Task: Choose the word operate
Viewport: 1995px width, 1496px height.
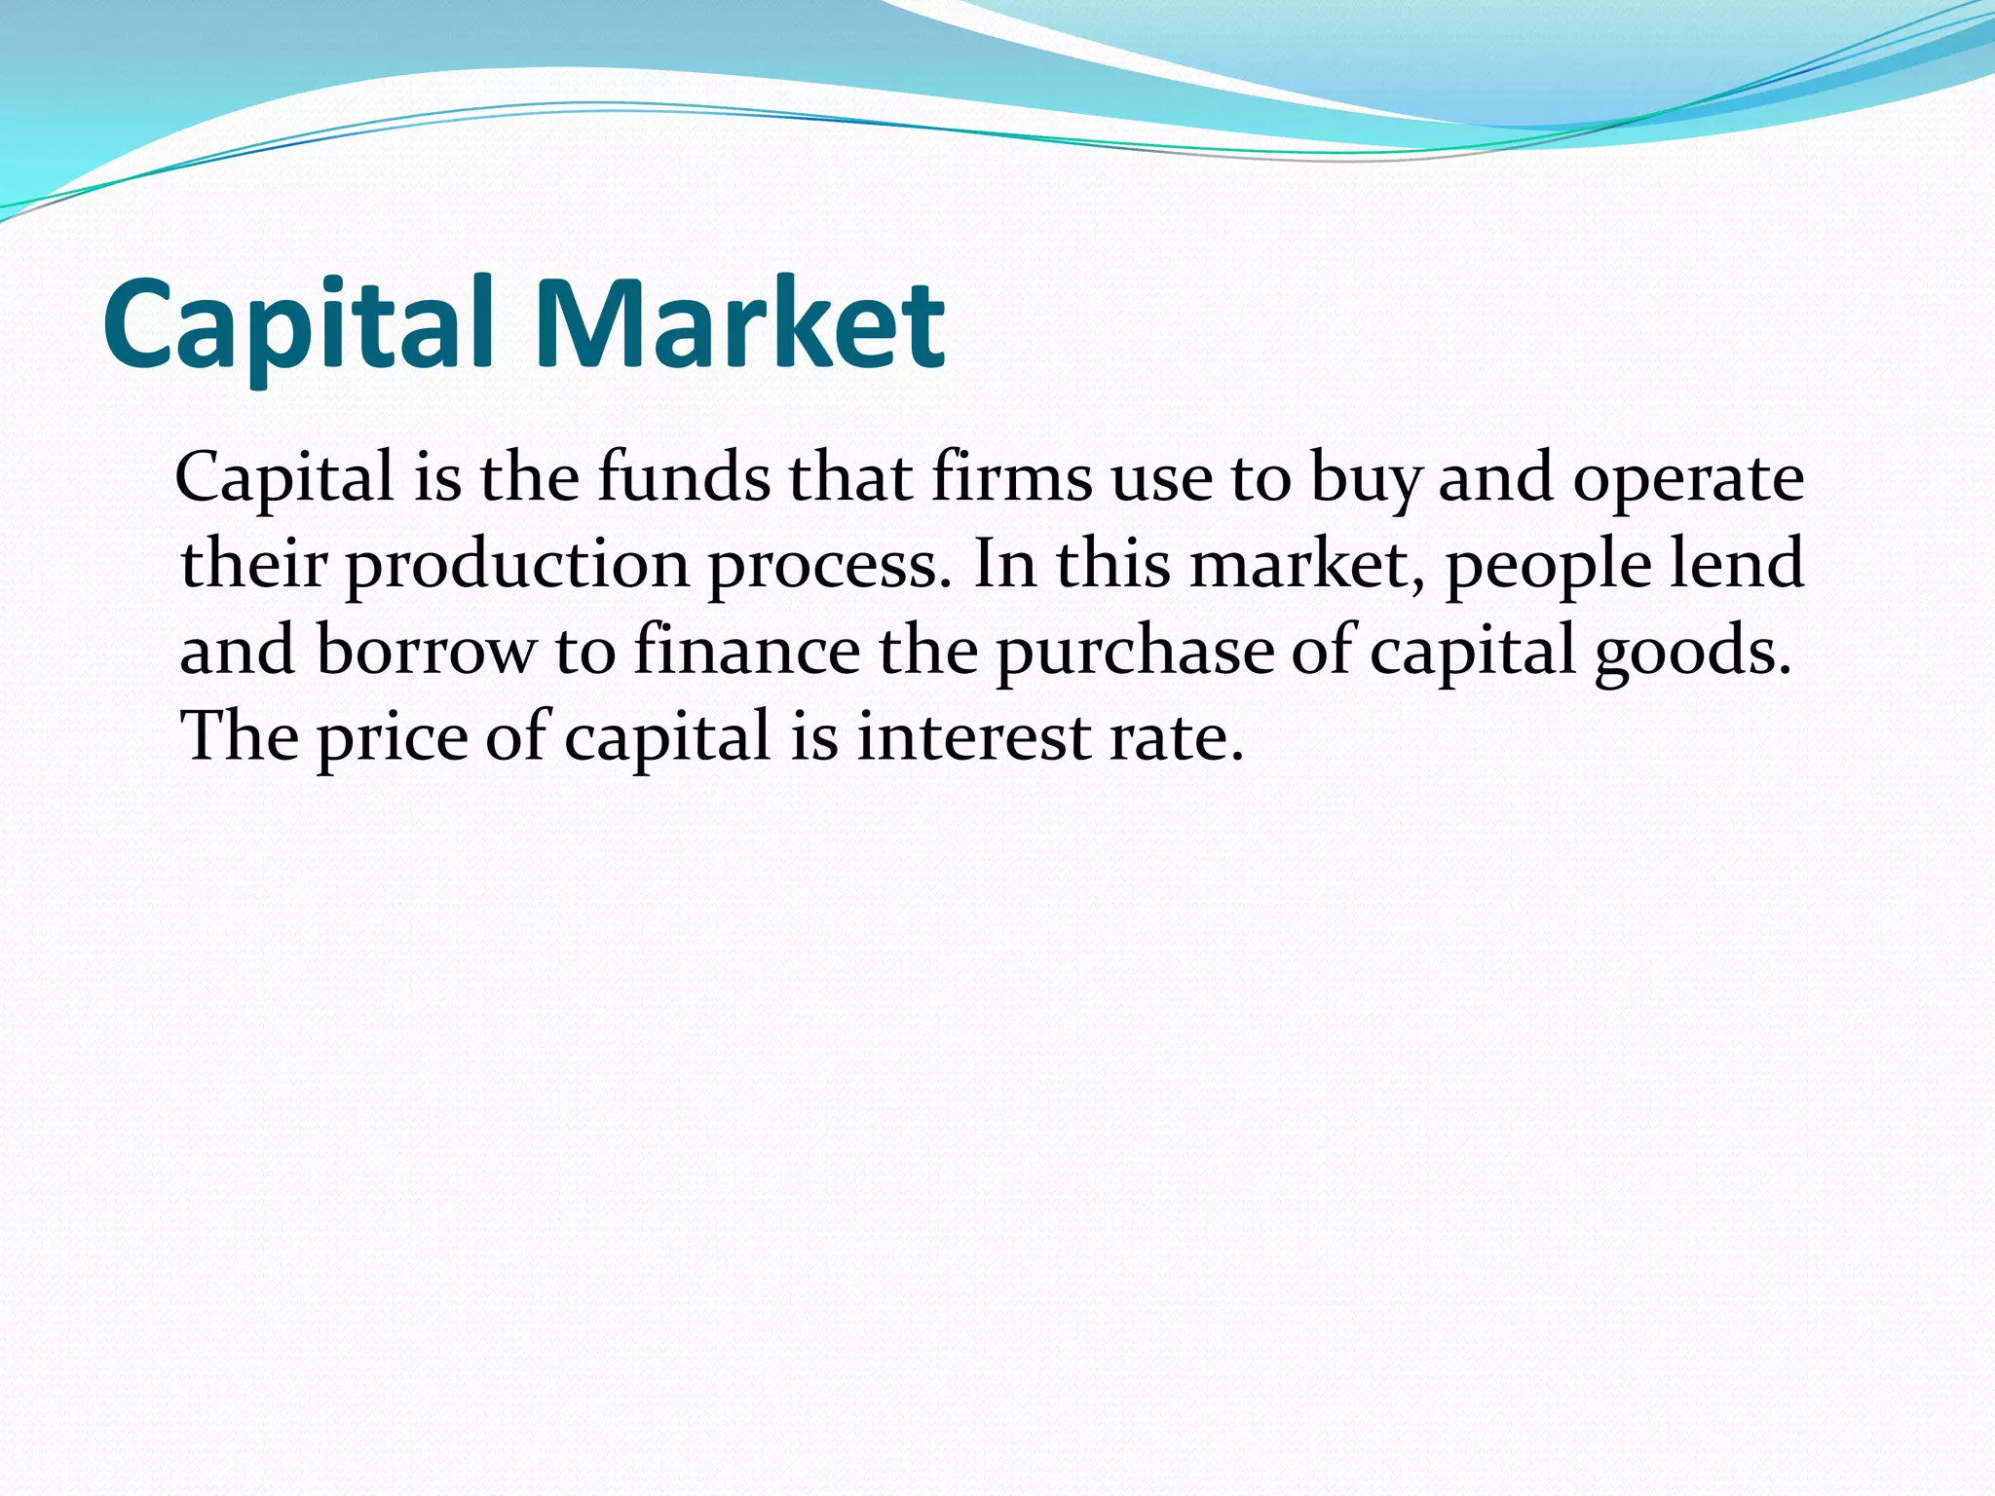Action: [1688, 479]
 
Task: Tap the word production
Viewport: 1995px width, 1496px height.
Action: [517, 565]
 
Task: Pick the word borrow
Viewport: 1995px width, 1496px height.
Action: [426, 650]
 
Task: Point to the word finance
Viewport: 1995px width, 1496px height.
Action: [746, 650]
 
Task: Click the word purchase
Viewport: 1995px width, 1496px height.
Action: [1134, 652]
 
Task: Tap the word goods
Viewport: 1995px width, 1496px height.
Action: [1692, 652]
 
